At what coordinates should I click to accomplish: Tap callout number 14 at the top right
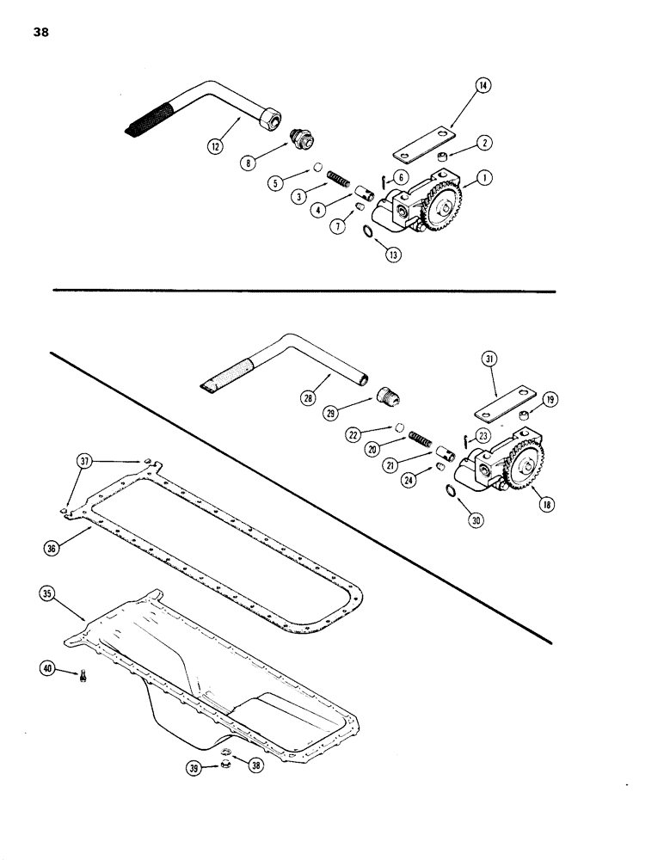pyautogui.click(x=483, y=85)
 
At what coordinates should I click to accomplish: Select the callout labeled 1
pyautogui.click(x=485, y=178)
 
